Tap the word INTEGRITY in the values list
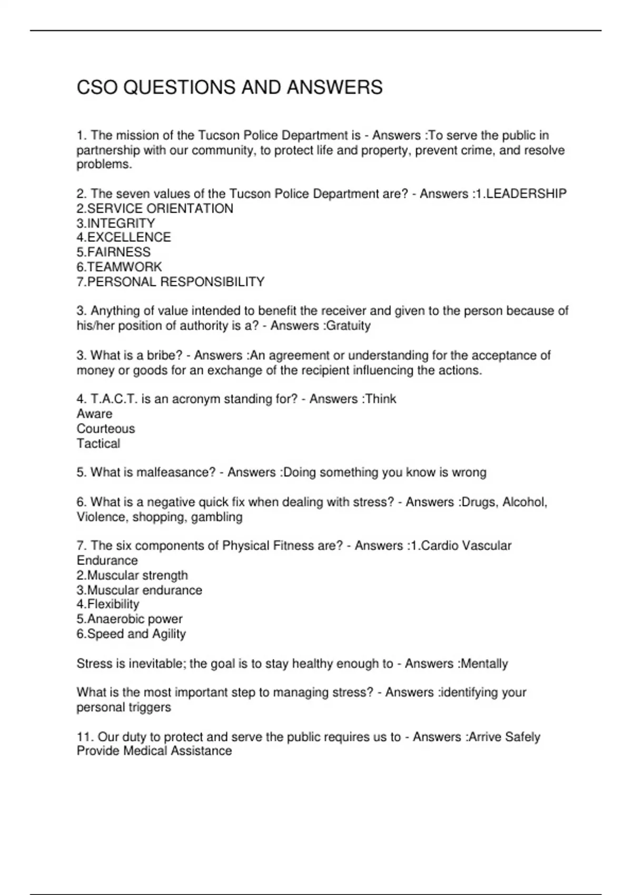click(x=121, y=223)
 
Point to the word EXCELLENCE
click(x=129, y=237)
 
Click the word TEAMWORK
click(x=125, y=267)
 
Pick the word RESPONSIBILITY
click(x=221, y=282)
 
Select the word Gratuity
click(x=349, y=326)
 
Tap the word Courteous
click(x=106, y=429)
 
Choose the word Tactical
click(x=98, y=443)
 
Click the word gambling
click(x=217, y=517)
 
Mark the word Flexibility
click(x=113, y=604)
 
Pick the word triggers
click(x=151, y=707)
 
